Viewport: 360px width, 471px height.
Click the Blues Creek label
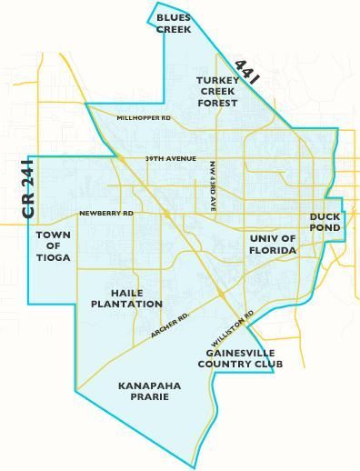point(173,24)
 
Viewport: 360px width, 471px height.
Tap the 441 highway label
point(247,73)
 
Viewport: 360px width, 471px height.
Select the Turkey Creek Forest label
point(218,92)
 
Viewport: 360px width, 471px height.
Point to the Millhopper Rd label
point(144,118)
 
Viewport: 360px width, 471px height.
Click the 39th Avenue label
point(170,159)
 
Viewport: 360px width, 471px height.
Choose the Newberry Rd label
point(105,213)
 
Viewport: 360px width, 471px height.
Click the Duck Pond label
point(325,222)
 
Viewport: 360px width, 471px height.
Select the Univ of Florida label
point(273,244)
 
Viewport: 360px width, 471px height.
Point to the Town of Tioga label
point(53,246)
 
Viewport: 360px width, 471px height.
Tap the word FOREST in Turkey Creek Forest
point(218,103)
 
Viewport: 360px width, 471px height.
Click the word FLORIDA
point(273,249)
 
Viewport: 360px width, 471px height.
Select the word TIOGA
point(53,257)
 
